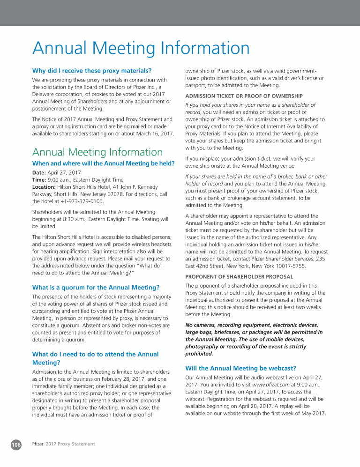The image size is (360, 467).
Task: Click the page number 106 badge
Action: click(16, 444)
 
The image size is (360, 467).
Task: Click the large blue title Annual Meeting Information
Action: click(141, 48)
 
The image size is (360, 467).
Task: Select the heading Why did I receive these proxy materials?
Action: click(91, 71)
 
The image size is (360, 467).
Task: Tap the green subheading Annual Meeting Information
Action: click(97, 152)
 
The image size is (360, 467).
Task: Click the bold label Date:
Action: click(39, 173)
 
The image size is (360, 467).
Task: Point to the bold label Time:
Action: click(39, 179)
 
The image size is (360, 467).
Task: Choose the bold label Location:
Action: click(44, 186)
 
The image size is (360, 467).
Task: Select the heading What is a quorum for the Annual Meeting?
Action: click(96, 287)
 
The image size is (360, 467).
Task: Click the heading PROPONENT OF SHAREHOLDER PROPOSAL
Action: click(239, 276)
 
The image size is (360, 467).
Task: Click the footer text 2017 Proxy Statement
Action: click(70, 444)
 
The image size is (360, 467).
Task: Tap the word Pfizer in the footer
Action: click(38, 444)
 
